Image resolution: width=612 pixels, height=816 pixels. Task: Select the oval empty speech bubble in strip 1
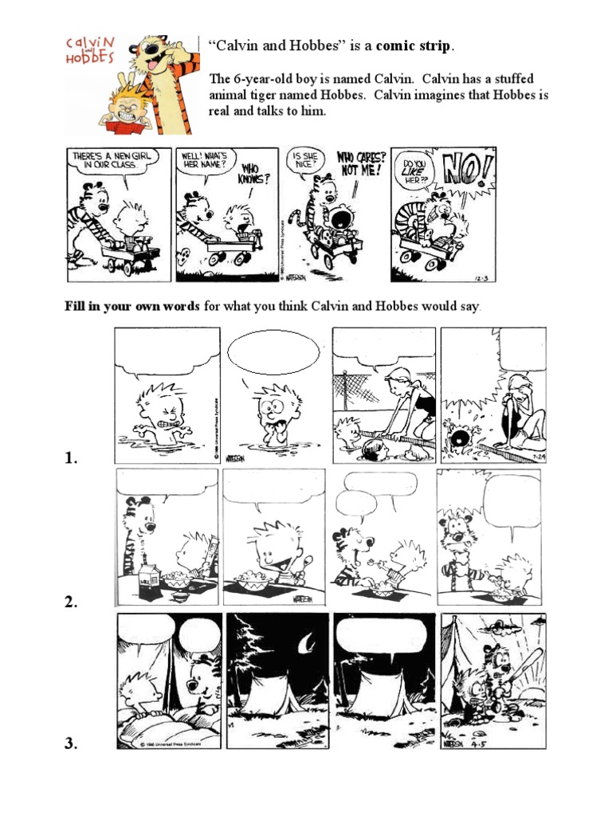[273, 351]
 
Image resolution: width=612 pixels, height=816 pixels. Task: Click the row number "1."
[73, 458]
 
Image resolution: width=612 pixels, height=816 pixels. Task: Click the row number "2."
[73, 603]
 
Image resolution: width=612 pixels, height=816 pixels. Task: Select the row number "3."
[73, 744]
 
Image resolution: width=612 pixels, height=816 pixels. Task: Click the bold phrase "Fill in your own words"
[131, 306]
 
